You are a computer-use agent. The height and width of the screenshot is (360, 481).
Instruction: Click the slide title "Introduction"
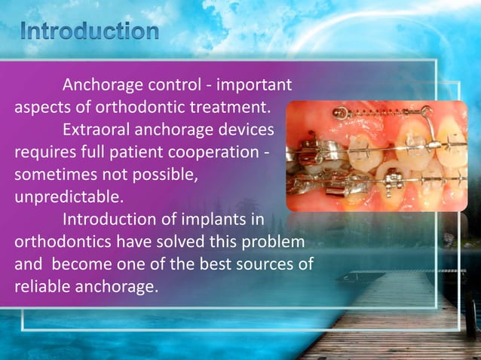pos(90,32)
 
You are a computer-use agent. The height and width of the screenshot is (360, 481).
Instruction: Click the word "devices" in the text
pos(250,129)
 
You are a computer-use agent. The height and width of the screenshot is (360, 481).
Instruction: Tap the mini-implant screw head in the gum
pos(340,114)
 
